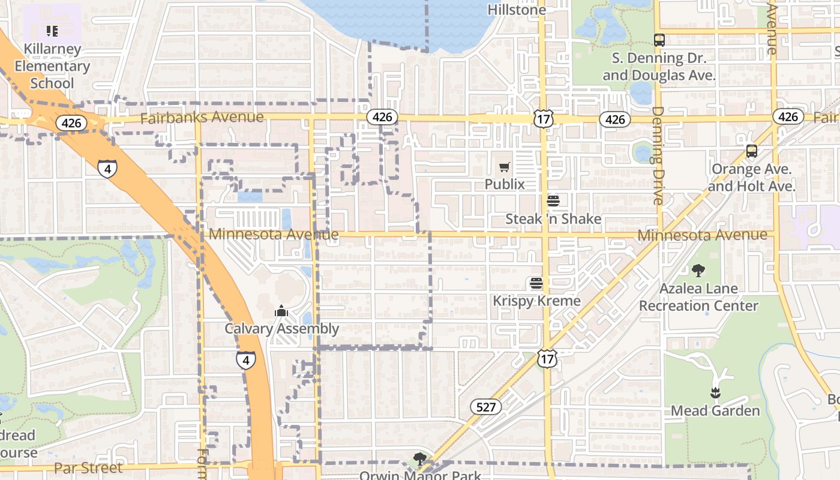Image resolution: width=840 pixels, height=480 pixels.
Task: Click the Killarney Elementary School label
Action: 52,66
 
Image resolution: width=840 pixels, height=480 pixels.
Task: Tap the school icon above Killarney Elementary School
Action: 52,31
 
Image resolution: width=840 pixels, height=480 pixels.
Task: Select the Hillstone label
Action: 517,10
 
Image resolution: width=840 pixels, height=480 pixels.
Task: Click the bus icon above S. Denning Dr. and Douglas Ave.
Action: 659,41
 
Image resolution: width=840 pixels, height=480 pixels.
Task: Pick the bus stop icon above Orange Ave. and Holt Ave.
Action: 751,151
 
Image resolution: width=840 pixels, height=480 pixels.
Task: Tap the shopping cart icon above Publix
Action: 505,167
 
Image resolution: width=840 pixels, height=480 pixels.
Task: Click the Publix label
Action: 505,184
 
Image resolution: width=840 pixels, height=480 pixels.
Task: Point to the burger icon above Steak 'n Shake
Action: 553,200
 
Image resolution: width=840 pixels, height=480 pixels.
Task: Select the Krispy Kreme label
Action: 536,301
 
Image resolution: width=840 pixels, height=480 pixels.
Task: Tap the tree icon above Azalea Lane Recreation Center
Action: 698,271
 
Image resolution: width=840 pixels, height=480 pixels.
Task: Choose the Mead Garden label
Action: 715,411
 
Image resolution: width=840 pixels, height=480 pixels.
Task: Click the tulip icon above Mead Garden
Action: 715,394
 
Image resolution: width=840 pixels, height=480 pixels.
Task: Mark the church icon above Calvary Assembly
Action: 281,311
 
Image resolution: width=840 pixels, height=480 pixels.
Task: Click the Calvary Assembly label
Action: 281,329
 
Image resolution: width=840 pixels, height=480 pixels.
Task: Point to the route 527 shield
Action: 485,407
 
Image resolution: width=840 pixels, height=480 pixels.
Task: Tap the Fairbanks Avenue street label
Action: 202,118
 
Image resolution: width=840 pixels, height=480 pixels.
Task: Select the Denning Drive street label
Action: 658,155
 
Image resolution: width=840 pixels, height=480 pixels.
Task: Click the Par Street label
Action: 88,467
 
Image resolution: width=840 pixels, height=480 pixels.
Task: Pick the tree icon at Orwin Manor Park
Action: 420,460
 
